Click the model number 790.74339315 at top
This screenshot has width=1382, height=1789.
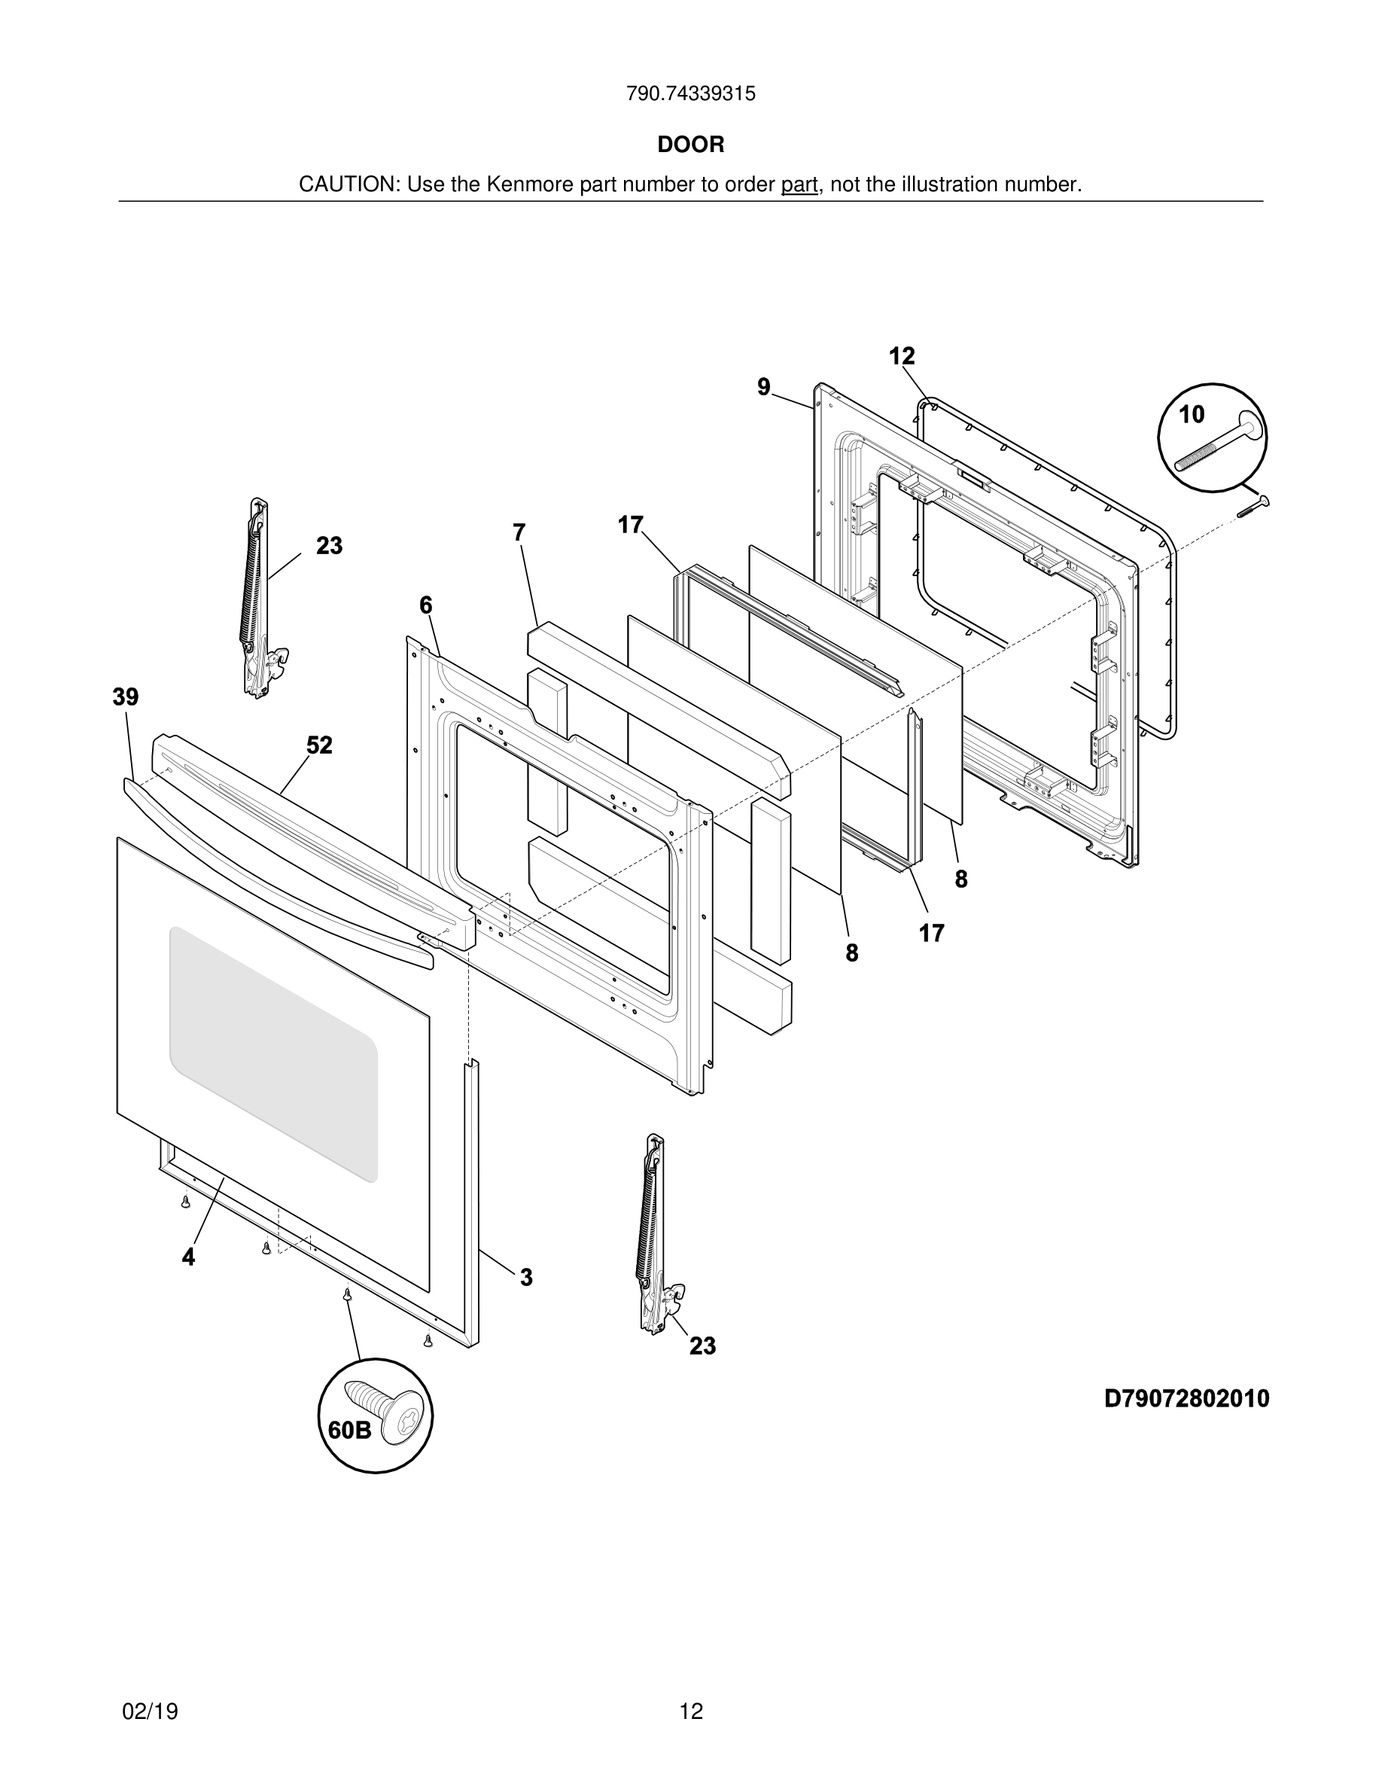tap(690, 93)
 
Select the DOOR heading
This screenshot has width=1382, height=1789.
tap(691, 145)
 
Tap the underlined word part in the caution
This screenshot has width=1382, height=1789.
tap(799, 185)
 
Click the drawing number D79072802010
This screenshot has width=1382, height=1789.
tap(1186, 1398)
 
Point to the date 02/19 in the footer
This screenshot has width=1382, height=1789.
tap(150, 1711)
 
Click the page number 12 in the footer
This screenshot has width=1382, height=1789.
tap(691, 1711)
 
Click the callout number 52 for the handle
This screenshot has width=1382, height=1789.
tap(319, 745)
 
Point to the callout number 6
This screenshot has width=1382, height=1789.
tap(426, 605)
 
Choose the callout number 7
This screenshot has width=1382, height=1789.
tap(519, 532)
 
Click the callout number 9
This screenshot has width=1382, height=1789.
tap(764, 386)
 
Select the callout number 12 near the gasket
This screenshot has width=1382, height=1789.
tap(902, 356)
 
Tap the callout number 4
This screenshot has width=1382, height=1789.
tap(188, 1257)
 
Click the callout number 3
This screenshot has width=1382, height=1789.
tap(526, 1277)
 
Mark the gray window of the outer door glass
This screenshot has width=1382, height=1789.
tap(272, 1053)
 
